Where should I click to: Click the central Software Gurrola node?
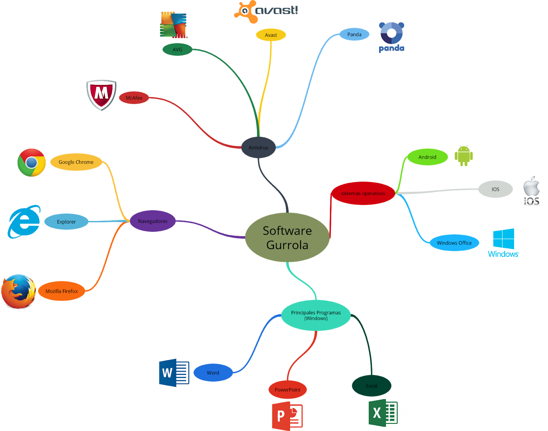(x=287, y=237)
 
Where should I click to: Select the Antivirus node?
(x=258, y=148)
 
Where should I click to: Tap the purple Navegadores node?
(x=153, y=221)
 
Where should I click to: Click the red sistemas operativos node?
(x=363, y=194)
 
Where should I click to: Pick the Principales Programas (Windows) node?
(x=316, y=315)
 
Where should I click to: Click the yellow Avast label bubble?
(x=271, y=35)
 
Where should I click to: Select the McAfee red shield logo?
(x=101, y=95)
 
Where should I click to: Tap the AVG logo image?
(x=173, y=25)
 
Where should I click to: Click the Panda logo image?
(x=391, y=38)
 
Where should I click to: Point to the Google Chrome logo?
(x=32, y=163)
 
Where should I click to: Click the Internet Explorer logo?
(x=24, y=222)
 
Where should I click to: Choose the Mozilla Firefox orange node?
(x=62, y=291)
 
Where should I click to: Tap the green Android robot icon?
(x=463, y=156)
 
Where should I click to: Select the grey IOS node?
(x=495, y=189)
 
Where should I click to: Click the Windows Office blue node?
(x=454, y=243)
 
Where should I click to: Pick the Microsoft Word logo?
(x=174, y=373)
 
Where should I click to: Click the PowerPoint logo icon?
(x=287, y=416)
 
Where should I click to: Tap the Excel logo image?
(x=382, y=413)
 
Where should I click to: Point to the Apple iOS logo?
(x=531, y=190)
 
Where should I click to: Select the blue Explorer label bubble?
(x=66, y=222)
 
